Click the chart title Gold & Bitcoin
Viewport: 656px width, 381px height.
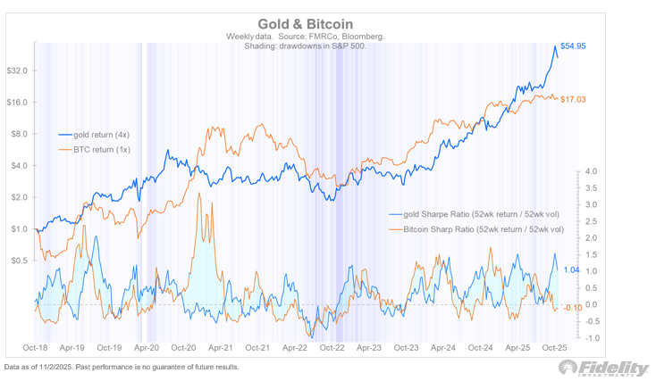coord(306,22)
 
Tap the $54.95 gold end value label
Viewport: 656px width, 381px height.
coord(573,46)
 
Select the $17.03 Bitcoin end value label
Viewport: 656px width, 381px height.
coord(573,100)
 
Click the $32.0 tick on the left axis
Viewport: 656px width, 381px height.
coord(18,70)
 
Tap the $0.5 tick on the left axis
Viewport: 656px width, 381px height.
coord(19,261)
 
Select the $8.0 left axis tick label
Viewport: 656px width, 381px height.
coord(19,134)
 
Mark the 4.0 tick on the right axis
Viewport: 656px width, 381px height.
coord(591,171)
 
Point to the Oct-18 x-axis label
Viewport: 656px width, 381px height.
coord(35,348)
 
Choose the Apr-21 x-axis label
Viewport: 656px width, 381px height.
coord(219,348)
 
